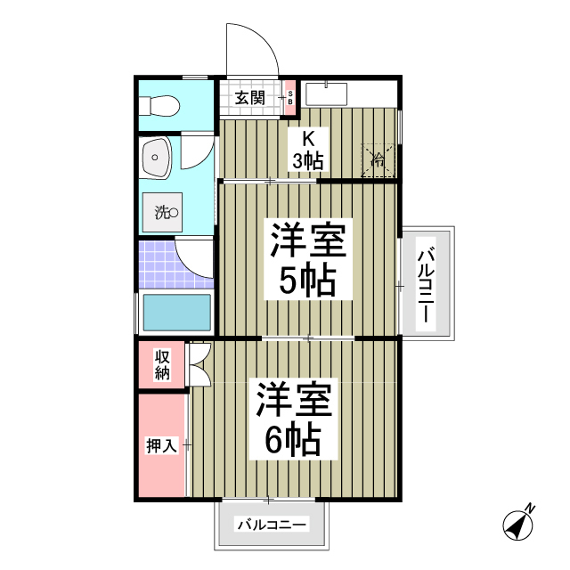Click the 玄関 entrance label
coord(250,98)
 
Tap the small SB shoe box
coord(289,99)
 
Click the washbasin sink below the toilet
coord(156,161)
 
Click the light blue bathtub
coord(176,313)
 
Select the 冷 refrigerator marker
coord(378,160)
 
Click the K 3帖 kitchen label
coord(308,150)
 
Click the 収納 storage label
coord(162,365)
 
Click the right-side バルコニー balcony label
coord(426,285)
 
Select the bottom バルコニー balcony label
coord(272,525)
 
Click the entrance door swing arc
coord(249,49)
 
